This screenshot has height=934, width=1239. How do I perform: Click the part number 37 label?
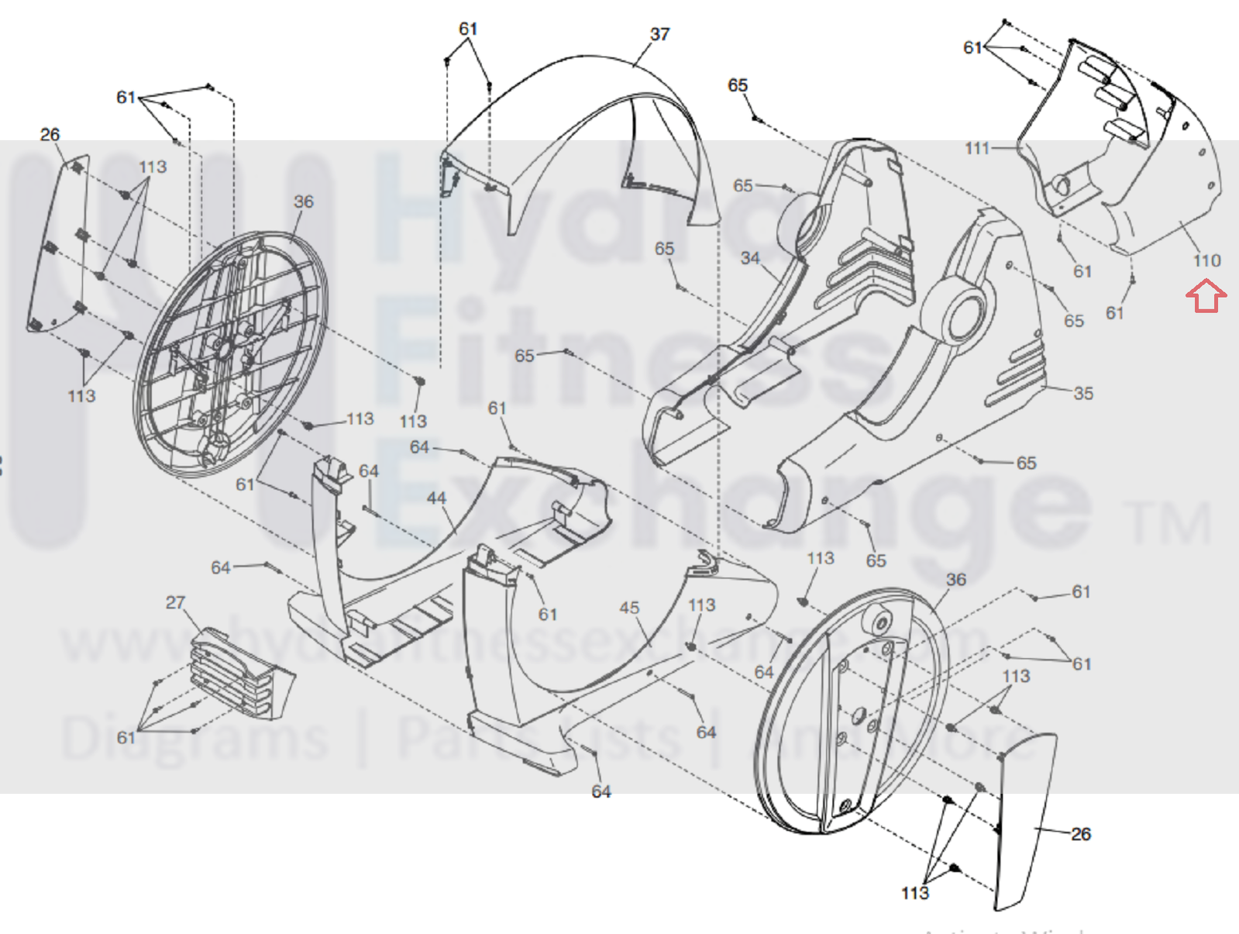pos(659,35)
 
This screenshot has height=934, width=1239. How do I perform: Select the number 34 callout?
pos(749,258)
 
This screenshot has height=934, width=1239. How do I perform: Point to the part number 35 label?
pos(1083,394)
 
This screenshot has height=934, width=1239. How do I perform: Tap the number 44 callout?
pos(436,498)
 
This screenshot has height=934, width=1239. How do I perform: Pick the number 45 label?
pos(629,608)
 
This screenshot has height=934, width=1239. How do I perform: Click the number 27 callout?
pos(176,602)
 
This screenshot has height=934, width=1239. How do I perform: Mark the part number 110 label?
pos(1206,261)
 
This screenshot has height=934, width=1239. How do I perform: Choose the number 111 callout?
pos(977,148)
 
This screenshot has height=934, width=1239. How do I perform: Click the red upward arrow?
pos(1206,297)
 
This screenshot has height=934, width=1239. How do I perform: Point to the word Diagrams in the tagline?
pos(194,737)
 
